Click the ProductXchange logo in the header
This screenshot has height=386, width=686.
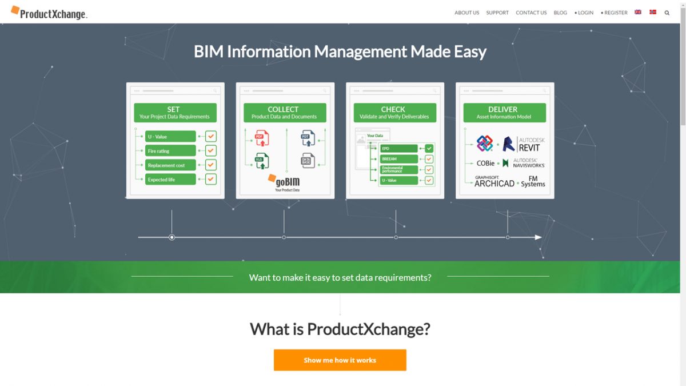pyautogui.click(x=49, y=13)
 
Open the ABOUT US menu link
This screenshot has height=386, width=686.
pyautogui.click(x=466, y=13)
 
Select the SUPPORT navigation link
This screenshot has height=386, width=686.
pyautogui.click(x=497, y=13)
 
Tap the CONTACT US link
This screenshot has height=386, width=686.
pyautogui.click(x=531, y=13)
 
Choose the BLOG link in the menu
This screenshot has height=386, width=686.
pyautogui.click(x=560, y=13)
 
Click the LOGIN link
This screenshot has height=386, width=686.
pyautogui.click(x=585, y=13)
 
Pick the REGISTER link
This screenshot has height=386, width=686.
pyautogui.click(x=615, y=13)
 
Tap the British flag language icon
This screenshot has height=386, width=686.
pyautogui.click(x=638, y=12)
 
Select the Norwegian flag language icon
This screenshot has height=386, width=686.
pyautogui.click(x=653, y=12)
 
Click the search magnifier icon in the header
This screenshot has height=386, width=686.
pyautogui.click(x=667, y=13)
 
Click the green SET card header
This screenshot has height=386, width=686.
pyautogui.click(x=175, y=113)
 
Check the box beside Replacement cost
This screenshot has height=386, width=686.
pyautogui.click(x=211, y=165)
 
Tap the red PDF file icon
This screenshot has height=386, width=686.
pyautogui.click(x=261, y=138)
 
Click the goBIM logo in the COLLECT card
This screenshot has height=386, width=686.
pyautogui.click(x=285, y=182)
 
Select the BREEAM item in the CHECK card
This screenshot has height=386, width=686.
pyautogui.click(x=398, y=159)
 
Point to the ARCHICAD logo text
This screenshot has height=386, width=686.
pyautogui.click(x=494, y=182)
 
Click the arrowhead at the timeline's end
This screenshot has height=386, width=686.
pyautogui.click(x=538, y=237)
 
